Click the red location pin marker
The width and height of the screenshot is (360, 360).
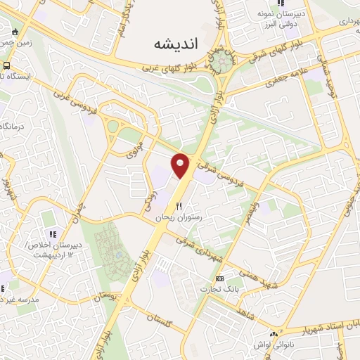tap(181, 165)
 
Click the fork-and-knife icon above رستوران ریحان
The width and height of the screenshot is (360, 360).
tap(179, 207)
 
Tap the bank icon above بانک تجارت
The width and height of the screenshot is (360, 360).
tap(219, 279)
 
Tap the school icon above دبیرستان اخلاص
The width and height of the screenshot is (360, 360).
tap(51, 233)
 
